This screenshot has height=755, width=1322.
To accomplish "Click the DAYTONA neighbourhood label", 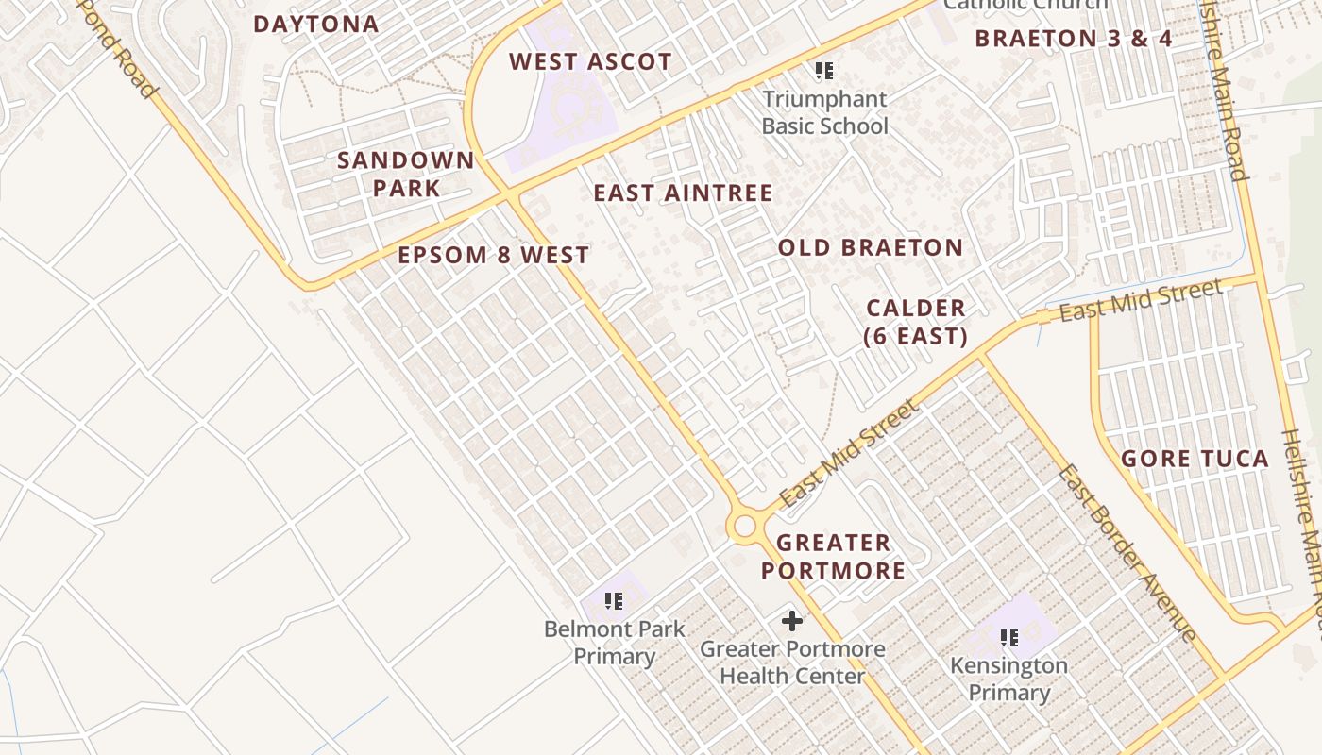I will click(316, 25).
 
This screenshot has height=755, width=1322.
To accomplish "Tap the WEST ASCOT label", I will click(591, 62).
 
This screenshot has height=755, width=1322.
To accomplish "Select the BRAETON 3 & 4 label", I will click(1074, 39).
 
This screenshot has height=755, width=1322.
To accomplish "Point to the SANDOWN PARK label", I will click(406, 174).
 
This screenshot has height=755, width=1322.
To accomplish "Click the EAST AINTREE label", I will click(683, 193).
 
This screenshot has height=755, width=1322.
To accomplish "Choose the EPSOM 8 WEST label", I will click(493, 256).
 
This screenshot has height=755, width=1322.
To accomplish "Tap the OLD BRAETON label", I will click(871, 248).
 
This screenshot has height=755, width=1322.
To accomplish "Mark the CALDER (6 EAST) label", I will click(916, 322).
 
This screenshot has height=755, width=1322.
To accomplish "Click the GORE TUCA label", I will click(1195, 460).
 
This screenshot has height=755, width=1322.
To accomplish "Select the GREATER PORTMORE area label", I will click(833, 557).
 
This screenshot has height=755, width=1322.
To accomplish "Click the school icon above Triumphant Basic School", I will click(824, 71).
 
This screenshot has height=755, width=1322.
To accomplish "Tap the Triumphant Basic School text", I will click(824, 112).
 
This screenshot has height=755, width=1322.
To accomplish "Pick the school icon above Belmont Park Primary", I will click(614, 600).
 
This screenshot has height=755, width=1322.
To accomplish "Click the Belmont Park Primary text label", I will click(615, 643).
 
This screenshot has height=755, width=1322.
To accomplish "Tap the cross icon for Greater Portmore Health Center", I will click(792, 621).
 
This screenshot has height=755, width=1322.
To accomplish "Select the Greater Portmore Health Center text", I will click(792, 663).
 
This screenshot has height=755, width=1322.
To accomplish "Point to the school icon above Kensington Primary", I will click(1008, 638).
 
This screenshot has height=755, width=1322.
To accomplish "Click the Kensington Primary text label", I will click(1008, 679).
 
